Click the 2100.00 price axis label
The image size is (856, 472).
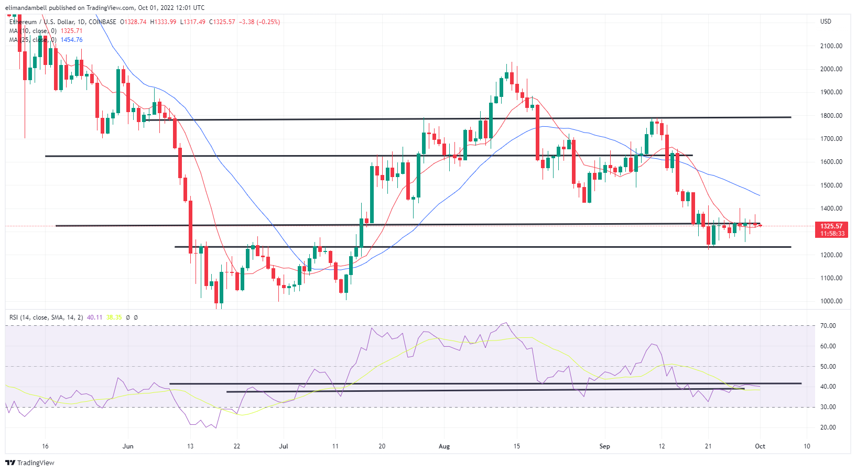[x=831, y=46]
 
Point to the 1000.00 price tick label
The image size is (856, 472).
[x=831, y=301]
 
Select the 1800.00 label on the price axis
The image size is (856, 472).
[x=831, y=116]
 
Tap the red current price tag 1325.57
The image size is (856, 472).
[x=831, y=226]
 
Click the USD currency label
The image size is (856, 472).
[x=826, y=21]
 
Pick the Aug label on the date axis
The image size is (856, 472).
[x=444, y=446]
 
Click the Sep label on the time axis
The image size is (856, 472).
[x=605, y=446]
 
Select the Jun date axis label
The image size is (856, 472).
[x=128, y=446]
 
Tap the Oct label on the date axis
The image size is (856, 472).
[x=760, y=446]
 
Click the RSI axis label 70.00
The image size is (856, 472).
[x=828, y=326]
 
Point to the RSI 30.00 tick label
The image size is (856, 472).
[x=828, y=407]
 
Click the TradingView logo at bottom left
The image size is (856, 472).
[x=30, y=463]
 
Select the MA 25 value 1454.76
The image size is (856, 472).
[x=71, y=40]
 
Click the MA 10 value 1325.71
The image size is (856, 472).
[x=71, y=31]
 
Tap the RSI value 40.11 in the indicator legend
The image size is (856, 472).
[x=94, y=317]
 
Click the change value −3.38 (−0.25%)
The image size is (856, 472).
[x=259, y=22]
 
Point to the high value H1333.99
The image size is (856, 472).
[x=163, y=22]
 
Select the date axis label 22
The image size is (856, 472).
[x=237, y=446]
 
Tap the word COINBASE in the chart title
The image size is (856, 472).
[x=103, y=22]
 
